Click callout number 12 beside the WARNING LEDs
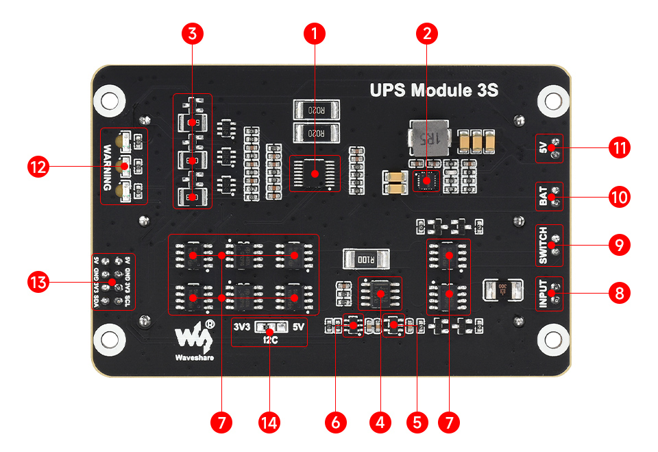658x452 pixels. coord(39,167)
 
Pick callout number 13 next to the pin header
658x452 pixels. coord(39,282)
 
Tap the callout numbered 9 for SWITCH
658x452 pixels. coord(619,245)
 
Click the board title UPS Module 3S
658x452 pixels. coord(433,90)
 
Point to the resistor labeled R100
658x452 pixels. coord(367,259)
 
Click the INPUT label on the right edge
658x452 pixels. coord(542,294)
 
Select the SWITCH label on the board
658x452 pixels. coord(542,246)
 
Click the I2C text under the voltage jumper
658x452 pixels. coord(269,339)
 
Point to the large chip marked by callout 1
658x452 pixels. coord(315,174)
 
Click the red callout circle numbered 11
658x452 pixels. coord(619,148)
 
